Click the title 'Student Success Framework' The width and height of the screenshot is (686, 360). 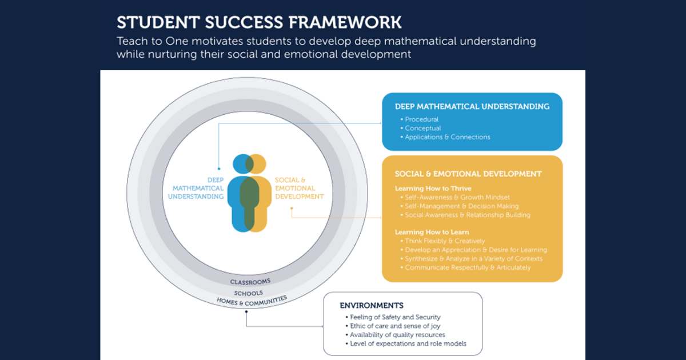[259, 22]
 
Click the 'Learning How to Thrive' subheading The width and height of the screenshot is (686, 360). [433, 189]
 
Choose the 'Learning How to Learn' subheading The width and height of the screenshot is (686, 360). [432, 232]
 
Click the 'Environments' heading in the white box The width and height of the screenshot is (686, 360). [372, 306]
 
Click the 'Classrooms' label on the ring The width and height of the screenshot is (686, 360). [250, 282]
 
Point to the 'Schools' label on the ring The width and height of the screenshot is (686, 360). [248, 293]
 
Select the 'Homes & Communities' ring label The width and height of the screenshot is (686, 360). [252, 301]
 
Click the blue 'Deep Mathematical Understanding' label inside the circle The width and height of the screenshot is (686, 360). [196, 188]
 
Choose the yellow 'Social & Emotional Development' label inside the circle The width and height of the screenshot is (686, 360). [299, 188]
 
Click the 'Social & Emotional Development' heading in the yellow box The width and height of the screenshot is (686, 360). [468, 174]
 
